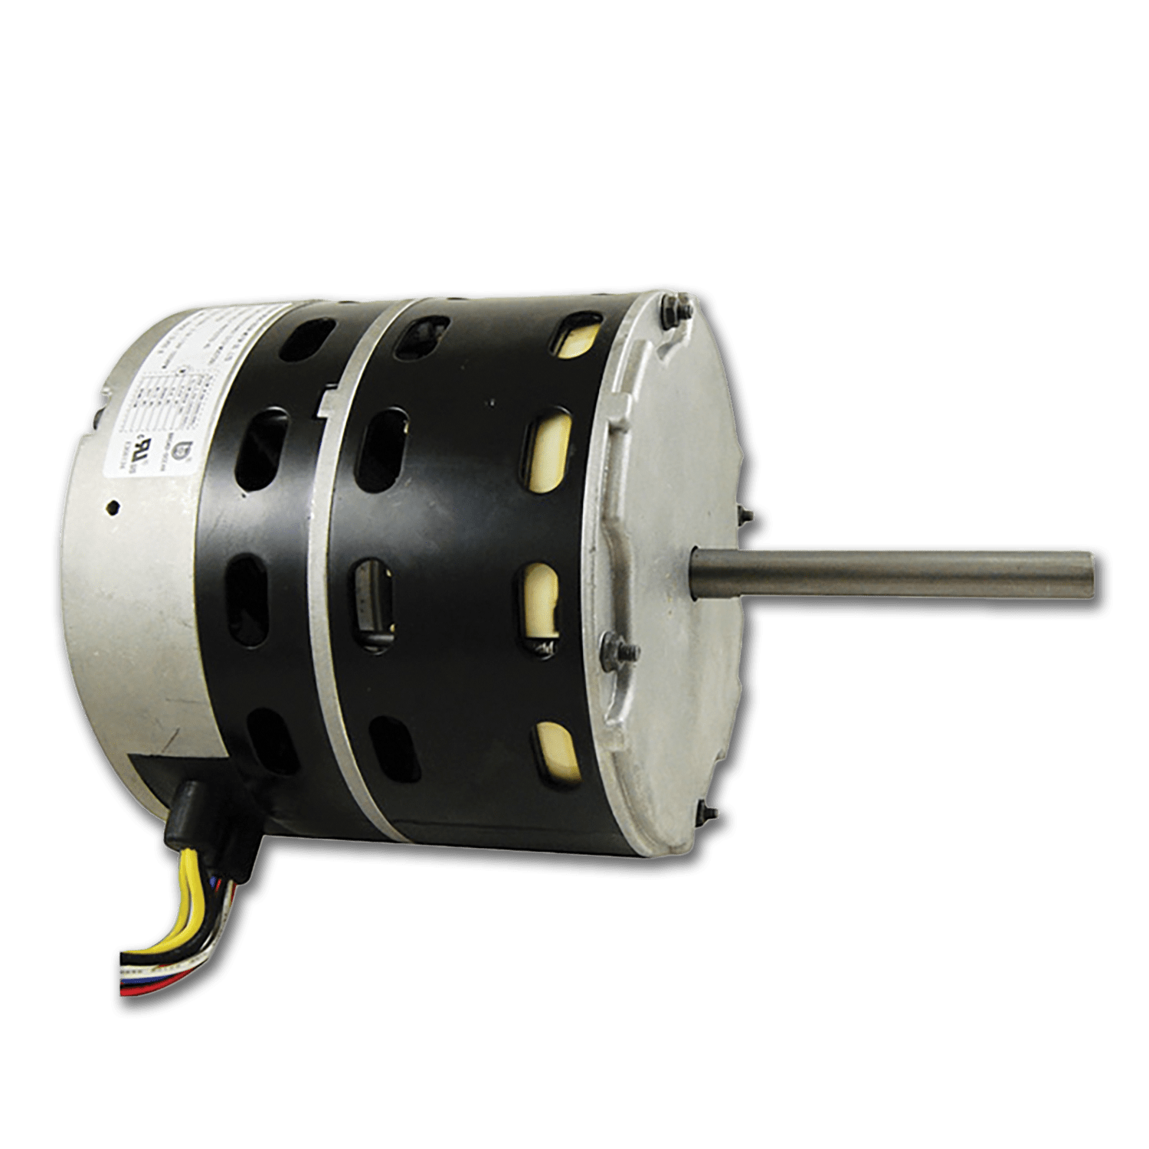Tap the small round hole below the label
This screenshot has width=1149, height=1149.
coord(113,506)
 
